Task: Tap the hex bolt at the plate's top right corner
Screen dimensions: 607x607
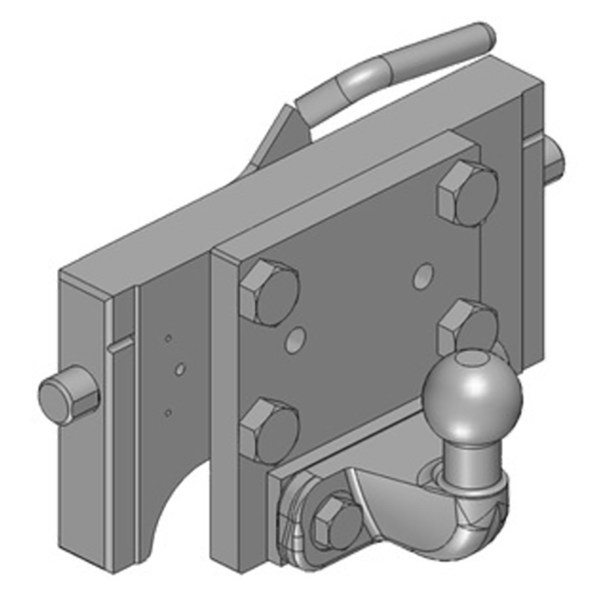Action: pos(467,192)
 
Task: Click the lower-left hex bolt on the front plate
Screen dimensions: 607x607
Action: pos(269,429)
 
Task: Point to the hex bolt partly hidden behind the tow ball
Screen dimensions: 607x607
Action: pos(464,326)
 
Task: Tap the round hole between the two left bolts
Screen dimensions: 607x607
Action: pos(296,339)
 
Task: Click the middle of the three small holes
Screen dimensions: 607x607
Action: pos(180,370)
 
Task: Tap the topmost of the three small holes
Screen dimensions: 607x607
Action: pos(168,338)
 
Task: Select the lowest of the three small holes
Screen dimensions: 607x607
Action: pos(168,412)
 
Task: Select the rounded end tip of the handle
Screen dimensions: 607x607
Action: pos(486,34)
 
